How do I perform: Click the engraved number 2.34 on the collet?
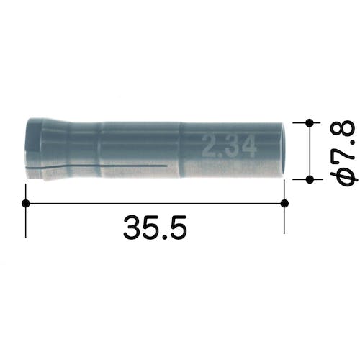229,146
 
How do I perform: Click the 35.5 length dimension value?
155,228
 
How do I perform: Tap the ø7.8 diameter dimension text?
343,153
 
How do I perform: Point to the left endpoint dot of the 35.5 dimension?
26,203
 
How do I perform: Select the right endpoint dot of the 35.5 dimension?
284,203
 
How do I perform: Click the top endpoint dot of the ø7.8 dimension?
310,122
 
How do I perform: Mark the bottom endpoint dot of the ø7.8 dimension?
310,179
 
